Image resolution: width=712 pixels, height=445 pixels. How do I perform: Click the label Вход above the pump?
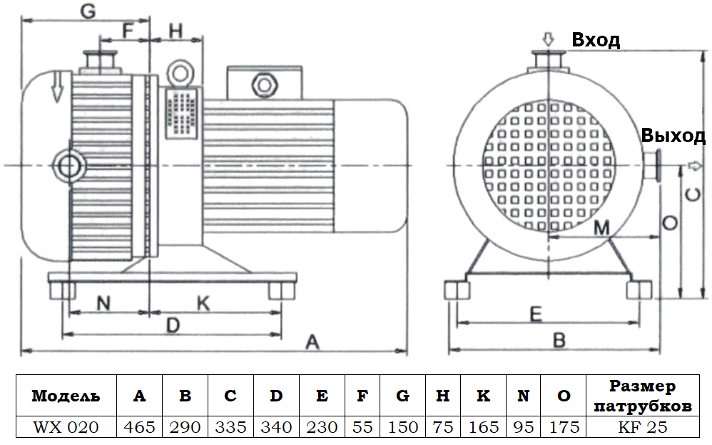pos(596,41)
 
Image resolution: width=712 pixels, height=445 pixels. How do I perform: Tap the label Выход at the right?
pos(673,136)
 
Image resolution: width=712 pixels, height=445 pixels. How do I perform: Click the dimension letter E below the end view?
pos(536,314)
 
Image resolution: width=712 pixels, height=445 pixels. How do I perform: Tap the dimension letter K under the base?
pos(203,304)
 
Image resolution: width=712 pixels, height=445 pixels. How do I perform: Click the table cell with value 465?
pos(139,427)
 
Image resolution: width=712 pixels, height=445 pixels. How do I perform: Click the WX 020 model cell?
pos(66,427)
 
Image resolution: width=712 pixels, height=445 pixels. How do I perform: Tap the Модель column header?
pos(66,396)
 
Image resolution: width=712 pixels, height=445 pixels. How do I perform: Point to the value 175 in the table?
pos(563,427)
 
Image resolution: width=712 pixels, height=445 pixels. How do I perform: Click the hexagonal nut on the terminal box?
pos(265,84)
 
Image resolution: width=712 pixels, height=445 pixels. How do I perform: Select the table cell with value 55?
pos(362,427)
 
